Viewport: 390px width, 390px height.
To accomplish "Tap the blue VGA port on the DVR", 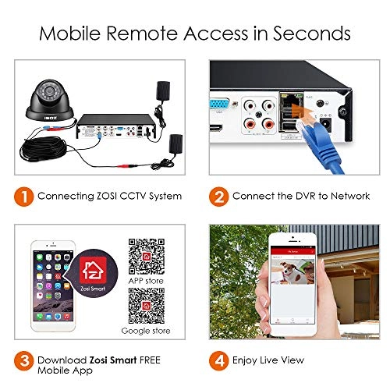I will (219, 101).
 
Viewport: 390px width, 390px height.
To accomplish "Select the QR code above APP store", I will (148, 251).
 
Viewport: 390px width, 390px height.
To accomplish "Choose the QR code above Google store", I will (148, 305).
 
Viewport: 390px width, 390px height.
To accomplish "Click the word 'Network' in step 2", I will (347, 196).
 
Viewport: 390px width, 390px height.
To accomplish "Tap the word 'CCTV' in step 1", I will (121, 196).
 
